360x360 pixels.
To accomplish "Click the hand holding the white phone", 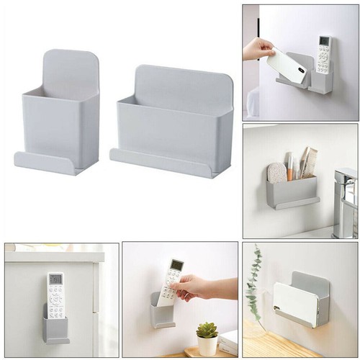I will pyautogui.click(x=256, y=49).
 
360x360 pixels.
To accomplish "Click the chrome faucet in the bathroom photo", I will pyautogui.click(x=346, y=202).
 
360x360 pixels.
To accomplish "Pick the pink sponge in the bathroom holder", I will pyautogui.click(x=277, y=173).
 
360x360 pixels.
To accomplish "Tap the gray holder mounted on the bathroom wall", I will pyautogui.click(x=292, y=192).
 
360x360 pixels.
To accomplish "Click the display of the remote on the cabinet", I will pyautogui.click(x=55, y=279).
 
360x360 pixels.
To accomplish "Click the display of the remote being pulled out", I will pyautogui.click(x=175, y=266).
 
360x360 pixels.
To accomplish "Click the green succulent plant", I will pyautogui.click(x=207, y=330).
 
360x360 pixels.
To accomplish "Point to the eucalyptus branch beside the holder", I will pyautogui.click(x=253, y=288).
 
